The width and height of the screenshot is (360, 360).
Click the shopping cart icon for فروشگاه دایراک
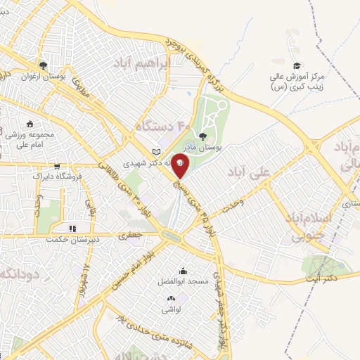56,167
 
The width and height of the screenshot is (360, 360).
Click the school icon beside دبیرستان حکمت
72,229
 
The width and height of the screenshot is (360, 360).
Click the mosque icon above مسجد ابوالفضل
184,271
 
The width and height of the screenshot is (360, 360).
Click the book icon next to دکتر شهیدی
157,152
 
